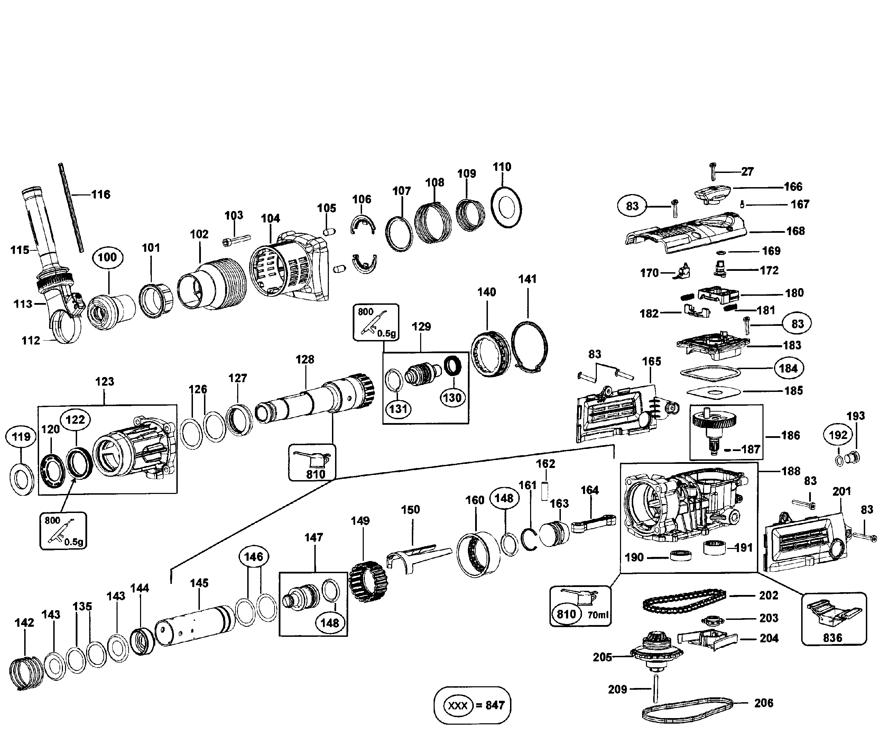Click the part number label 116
pyautogui.click(x=101, y=195)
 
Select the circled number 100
pyautogui.click(x=107, y=257)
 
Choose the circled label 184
pyautogui.click(x=788, y=368)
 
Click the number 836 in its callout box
pyautogui.click(x=832, y=638)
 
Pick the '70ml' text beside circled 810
pyautogui.click(x=598, y=614)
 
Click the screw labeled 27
pyautogui.click(x=712, y=172)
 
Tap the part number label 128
pyautogui.click(x=305, y=359)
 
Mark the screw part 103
pyautogui.click(x=236, y=240)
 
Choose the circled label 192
pyautogui.click(x=838, y=435)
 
